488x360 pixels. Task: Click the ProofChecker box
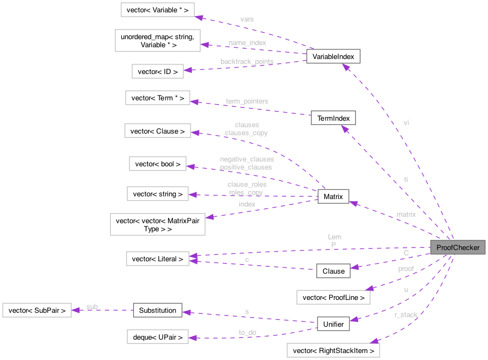(x=457, y=247)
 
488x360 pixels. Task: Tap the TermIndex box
(x=333, y=117)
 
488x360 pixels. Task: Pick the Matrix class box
(x=333, y=197)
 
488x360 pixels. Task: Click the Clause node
(x=333, y=271)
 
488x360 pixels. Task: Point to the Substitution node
(x=157, y=310)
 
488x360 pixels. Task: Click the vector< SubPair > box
(x=37, y=310)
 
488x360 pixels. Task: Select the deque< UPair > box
(x=157, y=337)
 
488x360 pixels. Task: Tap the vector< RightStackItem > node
(x=333, y=351)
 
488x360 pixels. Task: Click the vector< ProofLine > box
(x=333, y=297)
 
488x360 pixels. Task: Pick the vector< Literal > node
(x=157, y=259)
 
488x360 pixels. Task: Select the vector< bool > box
(x=158, y=164)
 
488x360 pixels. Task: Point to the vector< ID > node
(x=158, y=70)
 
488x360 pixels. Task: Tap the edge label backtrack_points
(x=246, y=61)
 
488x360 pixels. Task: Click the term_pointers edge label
(x=246, y=101)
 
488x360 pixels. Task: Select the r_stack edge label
(x=405, y=314)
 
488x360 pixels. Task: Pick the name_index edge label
(x=246, y=42)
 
